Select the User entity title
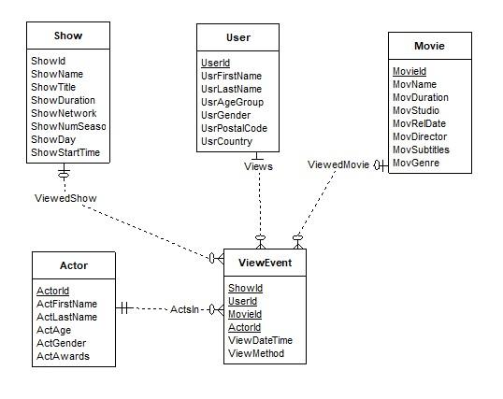238,38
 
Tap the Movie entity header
429,45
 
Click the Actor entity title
73,266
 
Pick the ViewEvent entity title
265,264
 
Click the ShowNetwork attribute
65,113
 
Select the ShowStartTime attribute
65,152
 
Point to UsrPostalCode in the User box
234,128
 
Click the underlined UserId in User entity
216,63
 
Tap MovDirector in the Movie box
421,136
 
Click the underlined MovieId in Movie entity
410,71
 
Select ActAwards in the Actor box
63,356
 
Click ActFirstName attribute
66,304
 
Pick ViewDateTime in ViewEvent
261,341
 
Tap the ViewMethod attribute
256,354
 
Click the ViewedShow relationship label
65,198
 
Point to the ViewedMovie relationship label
339,164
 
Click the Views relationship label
258,166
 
